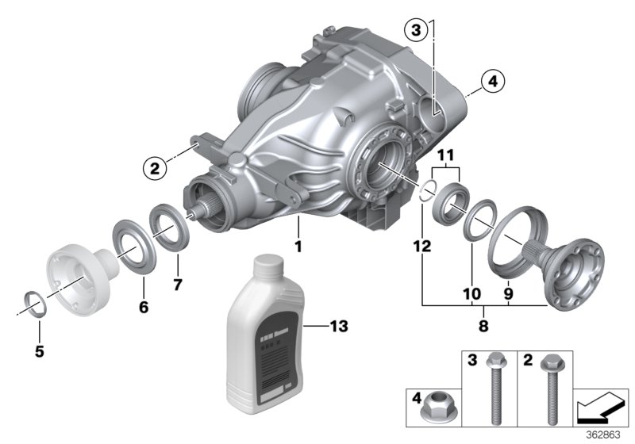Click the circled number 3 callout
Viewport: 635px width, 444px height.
(415, 31)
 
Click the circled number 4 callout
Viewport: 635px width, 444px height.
(491, 80)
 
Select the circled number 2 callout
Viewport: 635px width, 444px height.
(154, 166)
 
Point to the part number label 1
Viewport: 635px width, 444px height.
(298, 247)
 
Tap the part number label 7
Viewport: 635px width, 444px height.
(178, 283)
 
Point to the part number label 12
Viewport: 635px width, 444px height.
(421, 247)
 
